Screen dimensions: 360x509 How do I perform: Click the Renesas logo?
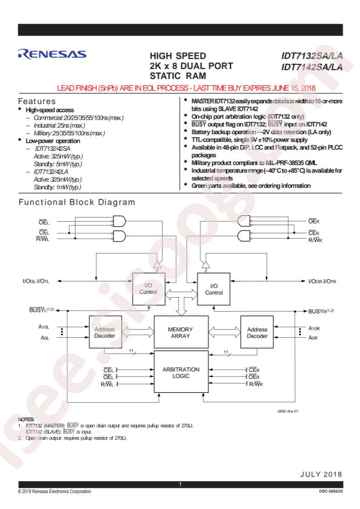[x=52, y=54]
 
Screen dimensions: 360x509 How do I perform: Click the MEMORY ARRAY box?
[x=181, y=333]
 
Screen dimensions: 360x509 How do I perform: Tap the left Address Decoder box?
[x=105, y=332]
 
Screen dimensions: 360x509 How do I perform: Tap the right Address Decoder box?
[x=257, y=332]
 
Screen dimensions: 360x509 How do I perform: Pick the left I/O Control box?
[x=149, y=289]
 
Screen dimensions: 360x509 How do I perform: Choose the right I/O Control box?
[x=214, y=289]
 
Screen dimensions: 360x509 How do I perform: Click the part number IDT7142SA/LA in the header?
[x=312, y=67]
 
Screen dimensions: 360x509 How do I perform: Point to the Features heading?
[x=37, y=102]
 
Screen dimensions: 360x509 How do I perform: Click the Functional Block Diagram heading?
[x=77, y=202]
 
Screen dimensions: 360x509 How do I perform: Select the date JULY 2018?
[x=321, y=474]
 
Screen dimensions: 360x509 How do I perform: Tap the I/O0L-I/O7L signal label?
[x=35, y=281]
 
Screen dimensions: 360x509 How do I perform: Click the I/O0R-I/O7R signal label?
[x=322, y=281]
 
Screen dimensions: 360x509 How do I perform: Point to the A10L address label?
[x=44, y=327]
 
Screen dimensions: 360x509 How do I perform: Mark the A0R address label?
[x=313, y=338]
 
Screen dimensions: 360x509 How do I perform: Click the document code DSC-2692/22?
[x=331, y=491]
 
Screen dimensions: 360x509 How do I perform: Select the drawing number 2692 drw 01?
[x=287, y=411]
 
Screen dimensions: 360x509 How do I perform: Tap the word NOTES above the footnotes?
[x=26, y=420]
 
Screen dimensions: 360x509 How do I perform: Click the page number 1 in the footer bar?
[x=180, y=484]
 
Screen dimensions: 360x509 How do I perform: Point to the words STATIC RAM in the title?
[x=178, y=76]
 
